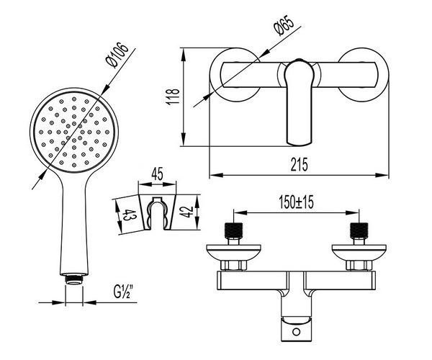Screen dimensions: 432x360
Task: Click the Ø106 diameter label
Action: pyautogui.click(x=117, y=55)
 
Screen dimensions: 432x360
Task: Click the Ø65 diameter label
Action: pyautogui.click(x=284, y=25)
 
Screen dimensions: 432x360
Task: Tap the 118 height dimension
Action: pyautogui.click(x=173, y=96)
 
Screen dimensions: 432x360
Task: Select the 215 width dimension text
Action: pyautogui.click(x=300, y=164)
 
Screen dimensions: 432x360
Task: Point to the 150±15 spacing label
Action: pyautogui.click(x=296, y=202)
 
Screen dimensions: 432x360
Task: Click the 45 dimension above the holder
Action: pyautogui.click(x=157, y=174)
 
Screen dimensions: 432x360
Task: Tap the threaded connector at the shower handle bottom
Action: pyautogui.click(x=74, y=279)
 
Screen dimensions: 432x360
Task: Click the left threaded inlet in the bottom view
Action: pyautogui.click(x=233, y=230)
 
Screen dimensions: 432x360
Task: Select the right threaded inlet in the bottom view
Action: pyautogui.click(x=359, y=230)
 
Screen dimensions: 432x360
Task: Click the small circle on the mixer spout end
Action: pyautogui.click(x=296, y=331)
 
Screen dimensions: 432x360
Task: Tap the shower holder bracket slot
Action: pyautogui.click(x=157, y=213)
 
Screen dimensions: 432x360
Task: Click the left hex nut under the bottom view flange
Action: pyautogui.click(x=233, y=265)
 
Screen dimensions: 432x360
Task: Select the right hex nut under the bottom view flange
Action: pyautogui.click(x=359, y=265)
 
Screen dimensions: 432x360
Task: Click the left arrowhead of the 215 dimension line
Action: pyautogui.click(x=216, y=175)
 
